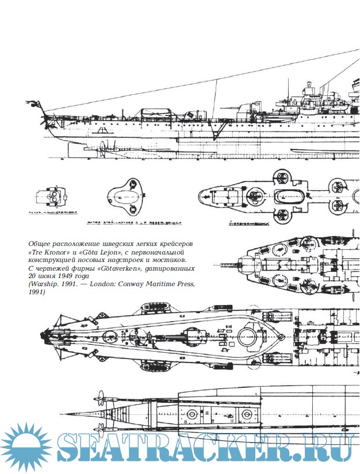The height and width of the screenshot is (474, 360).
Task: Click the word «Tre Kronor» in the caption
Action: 46,252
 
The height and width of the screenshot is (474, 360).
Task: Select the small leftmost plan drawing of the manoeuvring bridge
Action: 51,197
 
